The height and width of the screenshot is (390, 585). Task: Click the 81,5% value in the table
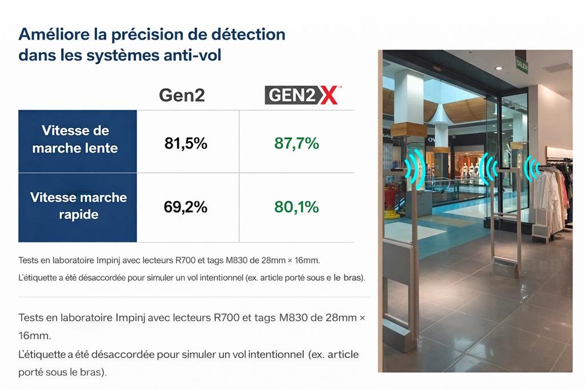coord(186,144)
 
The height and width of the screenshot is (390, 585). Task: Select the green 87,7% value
coord(296,144)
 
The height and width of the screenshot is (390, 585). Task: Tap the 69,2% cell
coord(186,206)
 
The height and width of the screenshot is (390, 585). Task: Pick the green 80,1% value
coord(296,206)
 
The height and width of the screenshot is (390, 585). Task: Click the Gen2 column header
coord(182,95)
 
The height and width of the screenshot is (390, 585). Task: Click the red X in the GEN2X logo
coord(329,95)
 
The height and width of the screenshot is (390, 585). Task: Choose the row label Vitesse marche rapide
coord(78,206)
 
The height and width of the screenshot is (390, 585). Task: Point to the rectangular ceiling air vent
coord(557,67)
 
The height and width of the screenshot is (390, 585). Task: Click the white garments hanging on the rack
coord(551,189)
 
